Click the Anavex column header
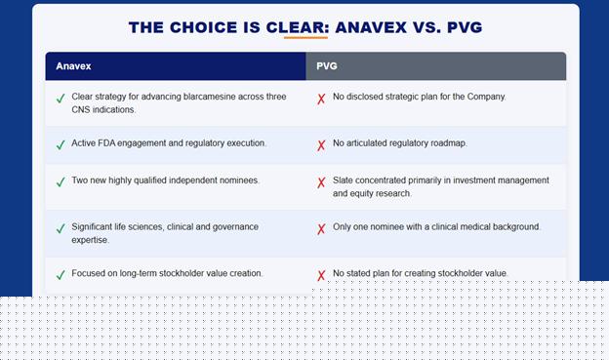[x=73, y=66]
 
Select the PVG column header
[x=327, y=66]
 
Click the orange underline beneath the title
[x=305, y=38]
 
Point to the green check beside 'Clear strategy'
[x=61, y=99]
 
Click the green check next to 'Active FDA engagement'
[x=61, y=144]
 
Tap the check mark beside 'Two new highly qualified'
[x=61, y=181]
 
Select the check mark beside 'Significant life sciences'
[x=61, y=228]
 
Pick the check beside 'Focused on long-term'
[x=61, y=275]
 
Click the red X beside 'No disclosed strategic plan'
[x=321, y=100]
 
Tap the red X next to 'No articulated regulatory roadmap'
[x=321, y=145]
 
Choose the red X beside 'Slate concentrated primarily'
[x=321, y=182]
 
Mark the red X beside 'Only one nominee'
[x=321, y=229]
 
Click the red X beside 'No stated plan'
[x=321, y=276]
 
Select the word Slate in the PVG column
[x=343, y=180]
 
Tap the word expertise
[x=90, y=240]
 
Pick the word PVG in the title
[x=465, y=27]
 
